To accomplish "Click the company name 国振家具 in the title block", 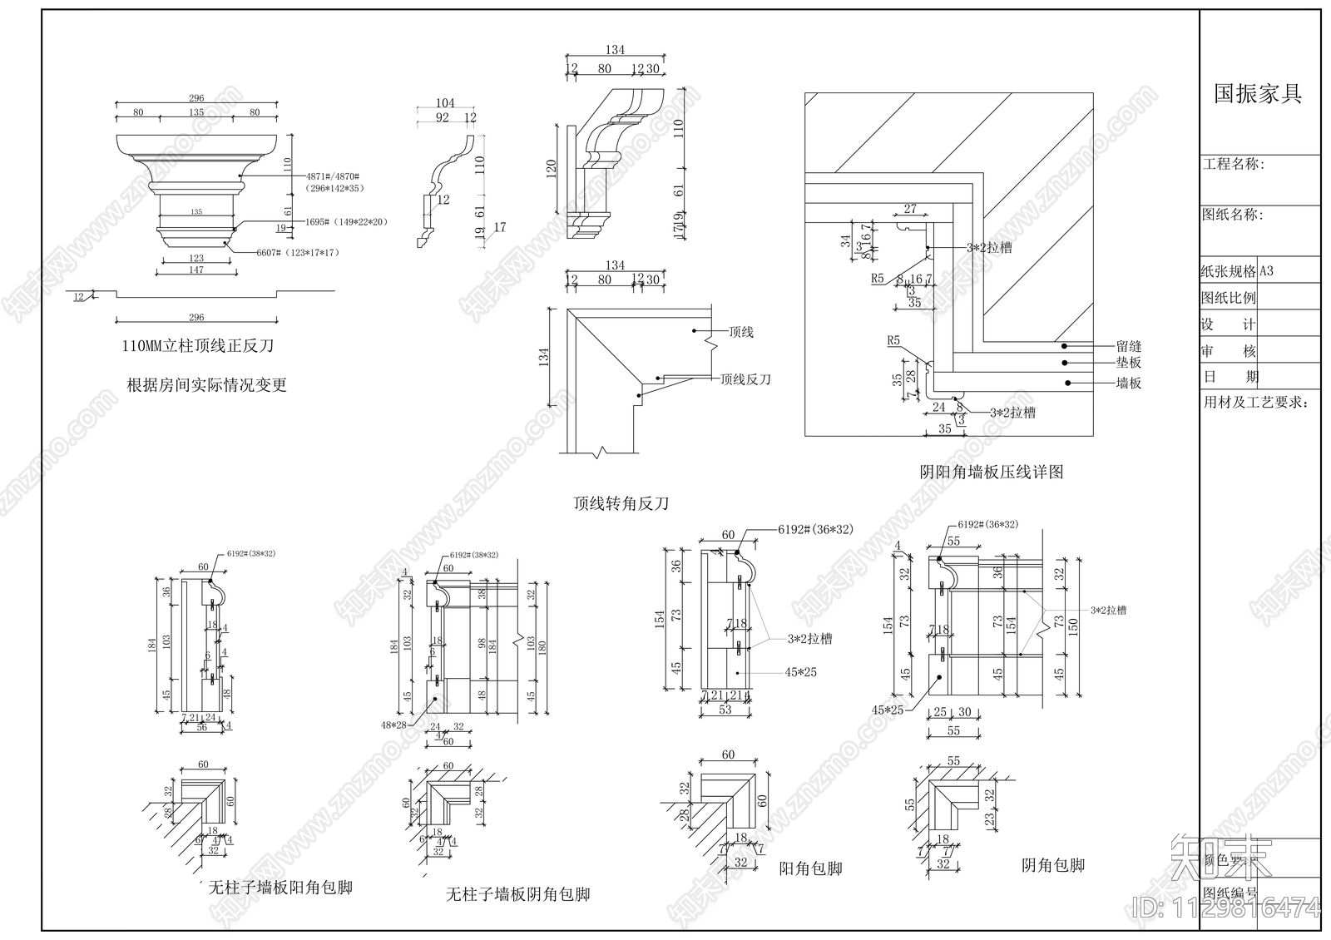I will (x=1258, y=93).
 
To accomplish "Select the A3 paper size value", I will (x=1267, y=271).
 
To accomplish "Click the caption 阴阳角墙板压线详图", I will (x=991, y=472).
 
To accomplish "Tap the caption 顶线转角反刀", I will (x=621, y=503).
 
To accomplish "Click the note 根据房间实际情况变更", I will (x=206, y=384).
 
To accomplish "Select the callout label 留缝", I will (x=1128, y=346).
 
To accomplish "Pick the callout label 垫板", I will (x=1128, y=363).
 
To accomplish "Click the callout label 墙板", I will (x=1128, y=383).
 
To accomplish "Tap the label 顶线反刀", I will (x=745, y=379).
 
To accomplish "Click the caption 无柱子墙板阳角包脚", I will (x=280, y=888).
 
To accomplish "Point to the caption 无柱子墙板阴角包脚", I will (x=518, y=894).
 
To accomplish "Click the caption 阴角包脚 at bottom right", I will (x=1052, y=865).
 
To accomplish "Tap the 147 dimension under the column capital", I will (x=195, y=270).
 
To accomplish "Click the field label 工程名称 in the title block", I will (x=1233, y=165).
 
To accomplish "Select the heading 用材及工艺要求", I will (x=1256, y=403).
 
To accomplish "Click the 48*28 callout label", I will (x=393, y=725).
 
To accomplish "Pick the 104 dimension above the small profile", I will (x=445, y=104).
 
